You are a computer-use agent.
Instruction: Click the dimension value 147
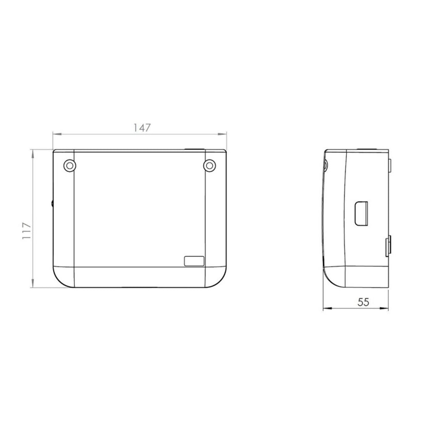pos(142,128)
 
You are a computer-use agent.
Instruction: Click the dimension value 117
pos(27,231)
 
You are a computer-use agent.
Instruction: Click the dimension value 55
pos(363,302)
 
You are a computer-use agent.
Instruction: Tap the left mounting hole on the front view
pos(70,165)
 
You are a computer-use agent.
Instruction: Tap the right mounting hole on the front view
pos(209,165)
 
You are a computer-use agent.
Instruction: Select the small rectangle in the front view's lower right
pos(194,261)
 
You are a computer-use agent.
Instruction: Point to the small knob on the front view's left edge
pos(52,203)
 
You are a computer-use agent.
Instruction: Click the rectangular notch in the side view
pos(361,213)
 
